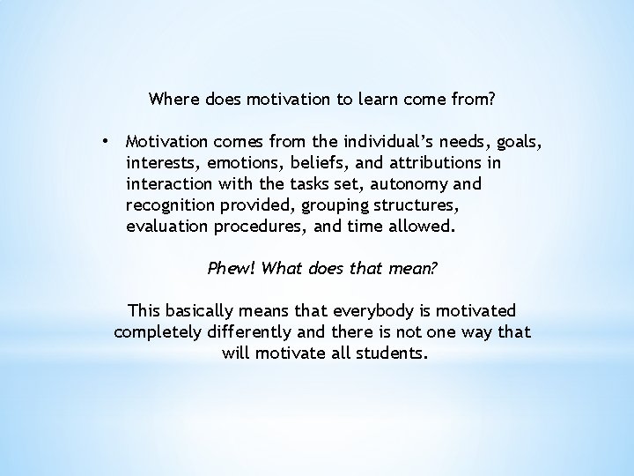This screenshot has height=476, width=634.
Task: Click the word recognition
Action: (x=170, y=204)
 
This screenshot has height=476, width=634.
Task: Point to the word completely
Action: (x=157, y=331)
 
